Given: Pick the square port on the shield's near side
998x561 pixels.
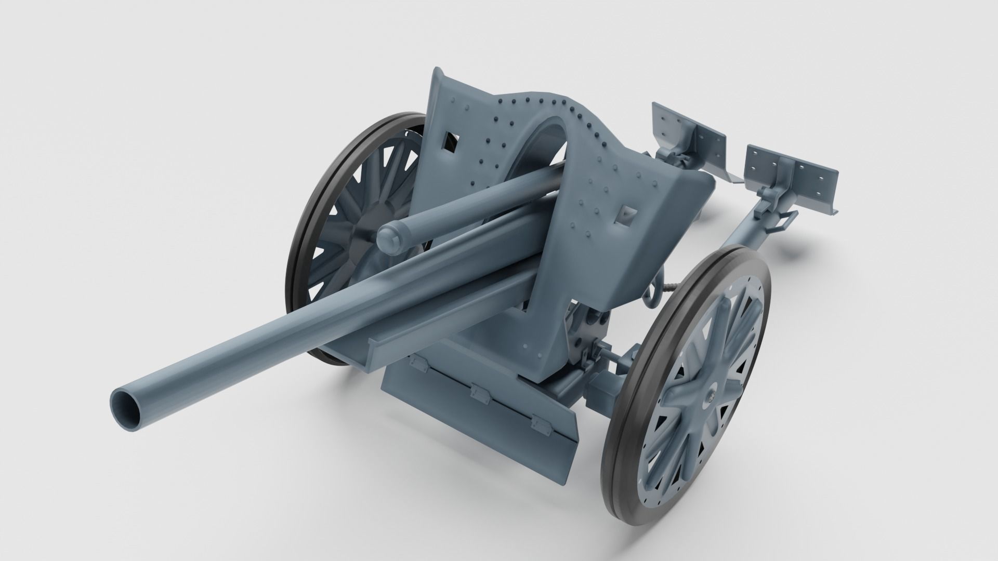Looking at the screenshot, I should [x=626, y=214].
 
